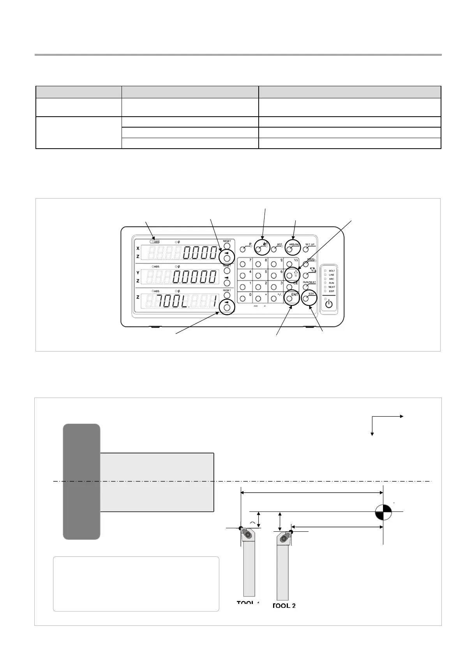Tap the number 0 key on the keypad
pyautogui.click(x=243, y=299)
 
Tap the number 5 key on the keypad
pyautogui.click(x=258, y=275)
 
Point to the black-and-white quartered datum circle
pyautogui.click(x=383, y=512)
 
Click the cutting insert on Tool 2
pyautogui.click(x=284, y=538)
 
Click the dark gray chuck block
pyautogui.click(x=82, y=481)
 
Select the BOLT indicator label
pyautogui.click(x=332, y=271)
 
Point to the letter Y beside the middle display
pyautogui.click(x=138, y=273)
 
